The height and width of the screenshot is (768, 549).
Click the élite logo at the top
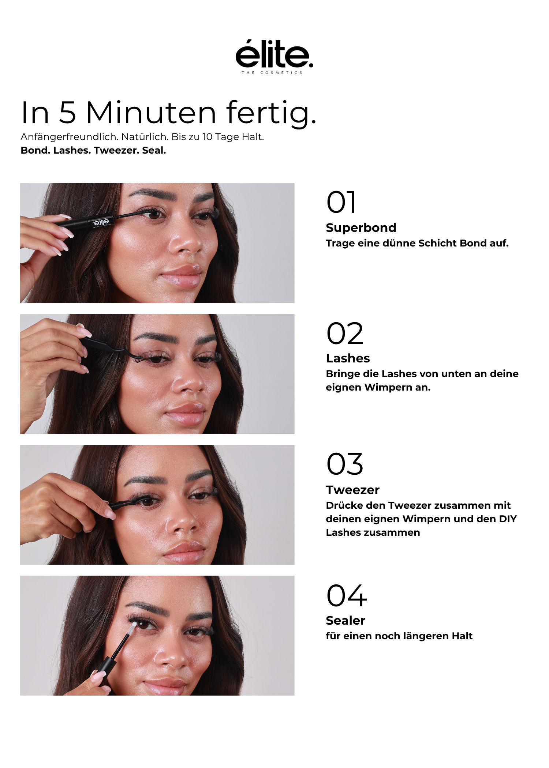click(x=274, y=57)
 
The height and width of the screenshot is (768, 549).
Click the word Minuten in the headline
click(x=151, y=113)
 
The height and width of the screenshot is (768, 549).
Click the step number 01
click(x=341, y=202)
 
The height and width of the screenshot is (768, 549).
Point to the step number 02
click(x=345, y=333)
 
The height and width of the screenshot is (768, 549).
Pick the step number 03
click(x=345, y=464)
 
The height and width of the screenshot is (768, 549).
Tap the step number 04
click(x=346, y=595)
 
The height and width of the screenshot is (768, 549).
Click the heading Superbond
click(x=361, y=228)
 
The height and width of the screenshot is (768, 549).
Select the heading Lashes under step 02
click(x=348, y=358)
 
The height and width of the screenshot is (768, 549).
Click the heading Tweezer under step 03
click(x=352, y=490)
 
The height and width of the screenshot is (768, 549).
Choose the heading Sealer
click(x=346, y=621)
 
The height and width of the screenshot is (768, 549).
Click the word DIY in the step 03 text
click(x=508, y=519)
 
